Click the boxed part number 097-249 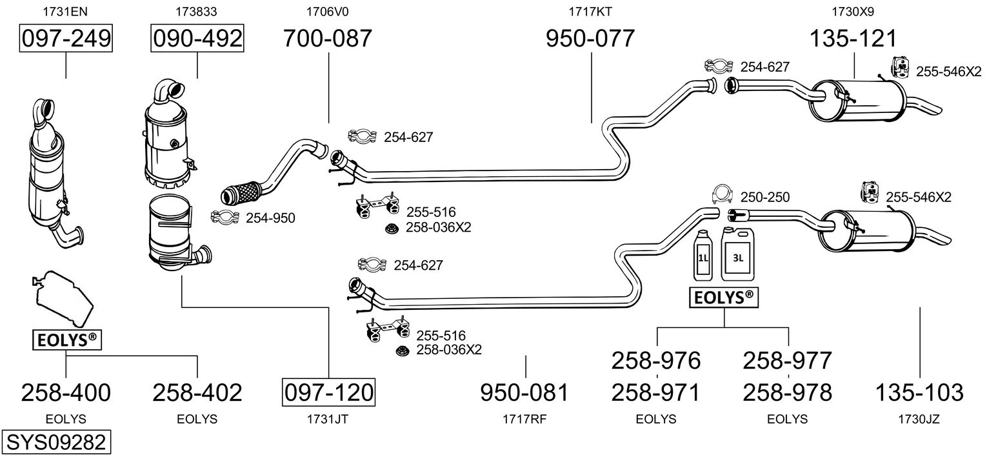click(x=66, y=38)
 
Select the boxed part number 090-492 click(x=197, y=38)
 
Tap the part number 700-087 click(x=327, y=38)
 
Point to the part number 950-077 click(x=590, y=38)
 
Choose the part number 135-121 click(x=853, y=38)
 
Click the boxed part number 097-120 click(x=329, y=392)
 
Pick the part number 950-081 click(x=524, y=393)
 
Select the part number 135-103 click(x=919, y=393)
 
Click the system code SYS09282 click(x=56, y=442)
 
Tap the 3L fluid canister click(x=737, y=254)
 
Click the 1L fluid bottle click(x=703, y=255)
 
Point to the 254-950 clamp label click(x=270, y=218)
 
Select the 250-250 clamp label click(x=765, y=197)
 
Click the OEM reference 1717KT click(x=590, y=12)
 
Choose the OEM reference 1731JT click(x=327, y=419)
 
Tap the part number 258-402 click(x=197, y=393)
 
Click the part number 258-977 click(x=788, y=360)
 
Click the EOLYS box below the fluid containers click(x=724, y=298)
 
